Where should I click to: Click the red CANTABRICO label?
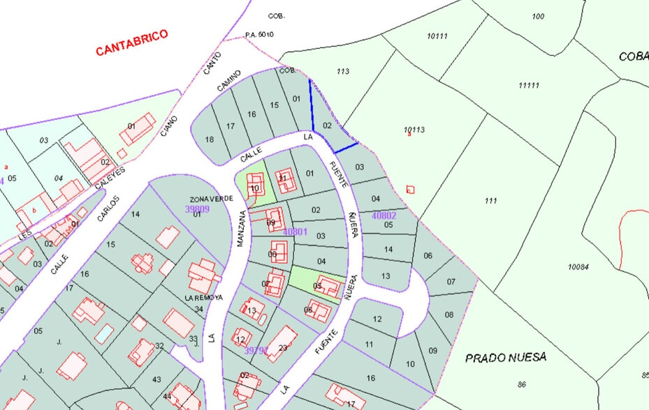(132, 43)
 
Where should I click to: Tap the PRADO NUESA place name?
(506, 358)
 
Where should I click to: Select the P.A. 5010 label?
(259, 34)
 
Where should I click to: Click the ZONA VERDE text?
(211, 199)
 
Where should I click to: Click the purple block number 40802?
(384, 215)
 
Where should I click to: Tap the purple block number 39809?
(197, 208)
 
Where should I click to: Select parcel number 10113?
(414, 130)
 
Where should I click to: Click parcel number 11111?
(528, 86)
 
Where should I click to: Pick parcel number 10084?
(578, 266)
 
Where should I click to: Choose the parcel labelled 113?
(342, 71)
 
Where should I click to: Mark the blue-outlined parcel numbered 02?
(327, 126)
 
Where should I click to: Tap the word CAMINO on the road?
(228, 80)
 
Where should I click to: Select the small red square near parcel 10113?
(410, 190)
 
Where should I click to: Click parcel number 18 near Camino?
(209, 139)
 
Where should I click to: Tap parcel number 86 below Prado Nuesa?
(522, 384)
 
